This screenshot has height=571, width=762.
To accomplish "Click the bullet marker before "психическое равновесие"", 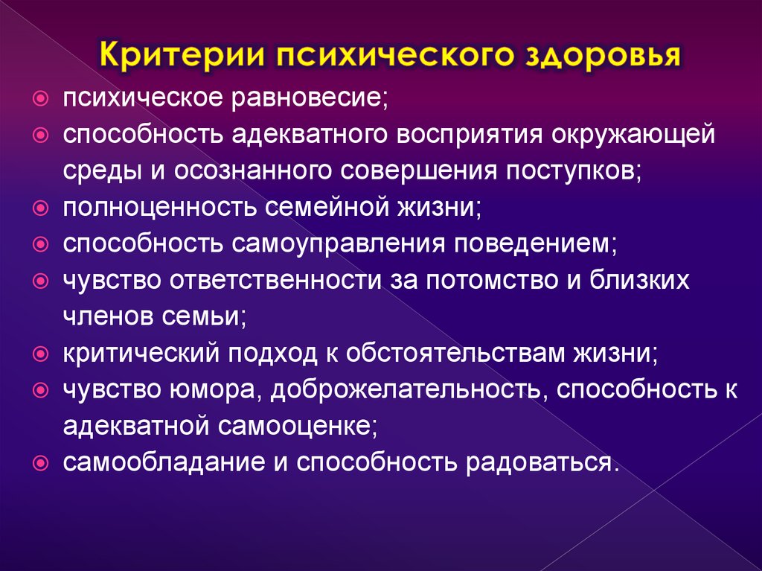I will (43, 98).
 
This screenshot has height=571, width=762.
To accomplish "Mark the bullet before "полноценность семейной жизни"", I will (43, 206).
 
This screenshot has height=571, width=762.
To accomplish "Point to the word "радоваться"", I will (541, 462).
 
